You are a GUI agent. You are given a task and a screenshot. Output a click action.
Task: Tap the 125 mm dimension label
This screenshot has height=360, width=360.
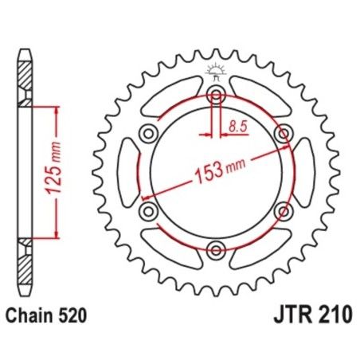tap(45, 172)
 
